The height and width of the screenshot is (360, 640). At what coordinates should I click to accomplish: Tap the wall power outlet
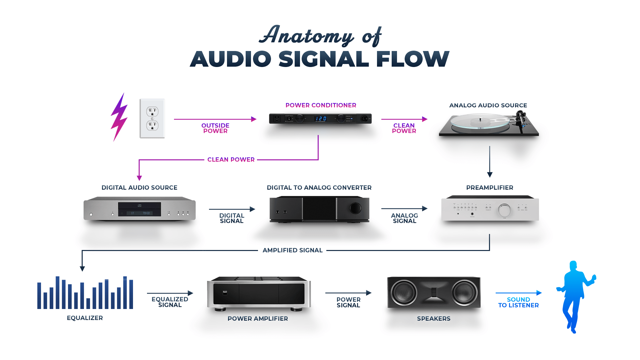(x=152, y=118)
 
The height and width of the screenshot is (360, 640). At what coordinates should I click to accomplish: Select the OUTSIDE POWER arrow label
(x=215, y=128)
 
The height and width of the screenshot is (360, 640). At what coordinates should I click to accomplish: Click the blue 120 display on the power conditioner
(x=321, y=119)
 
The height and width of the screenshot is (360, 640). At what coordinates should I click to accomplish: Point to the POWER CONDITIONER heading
(x=321, y=105)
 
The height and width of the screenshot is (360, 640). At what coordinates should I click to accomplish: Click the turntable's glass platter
(x=480, y=122)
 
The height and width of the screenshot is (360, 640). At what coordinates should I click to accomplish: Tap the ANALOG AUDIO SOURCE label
(x=488, y=105)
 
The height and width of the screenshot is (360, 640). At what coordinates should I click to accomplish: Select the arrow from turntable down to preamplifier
(x=490, y=162)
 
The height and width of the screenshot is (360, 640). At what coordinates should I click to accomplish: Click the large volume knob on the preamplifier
(x=504, y=210)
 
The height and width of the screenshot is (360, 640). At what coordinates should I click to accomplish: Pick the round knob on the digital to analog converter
(x=355, y=208)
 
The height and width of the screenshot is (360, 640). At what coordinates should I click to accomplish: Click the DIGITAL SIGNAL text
(x=232, y=218)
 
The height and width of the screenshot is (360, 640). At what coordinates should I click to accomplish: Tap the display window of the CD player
(x=140, y=210)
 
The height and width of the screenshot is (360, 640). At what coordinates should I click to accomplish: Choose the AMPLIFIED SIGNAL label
(x=292, y=250)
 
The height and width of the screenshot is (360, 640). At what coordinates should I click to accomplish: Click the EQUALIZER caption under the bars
(x=85, y=318)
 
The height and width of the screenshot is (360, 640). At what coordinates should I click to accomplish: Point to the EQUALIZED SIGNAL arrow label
(x=170, y=302)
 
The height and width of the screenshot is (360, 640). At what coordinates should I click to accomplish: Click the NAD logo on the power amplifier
(x=225, y=292)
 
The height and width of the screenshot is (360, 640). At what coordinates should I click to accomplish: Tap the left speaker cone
(x=404, y=292)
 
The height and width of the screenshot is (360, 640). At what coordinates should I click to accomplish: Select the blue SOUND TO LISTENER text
(x=518, y=302)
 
